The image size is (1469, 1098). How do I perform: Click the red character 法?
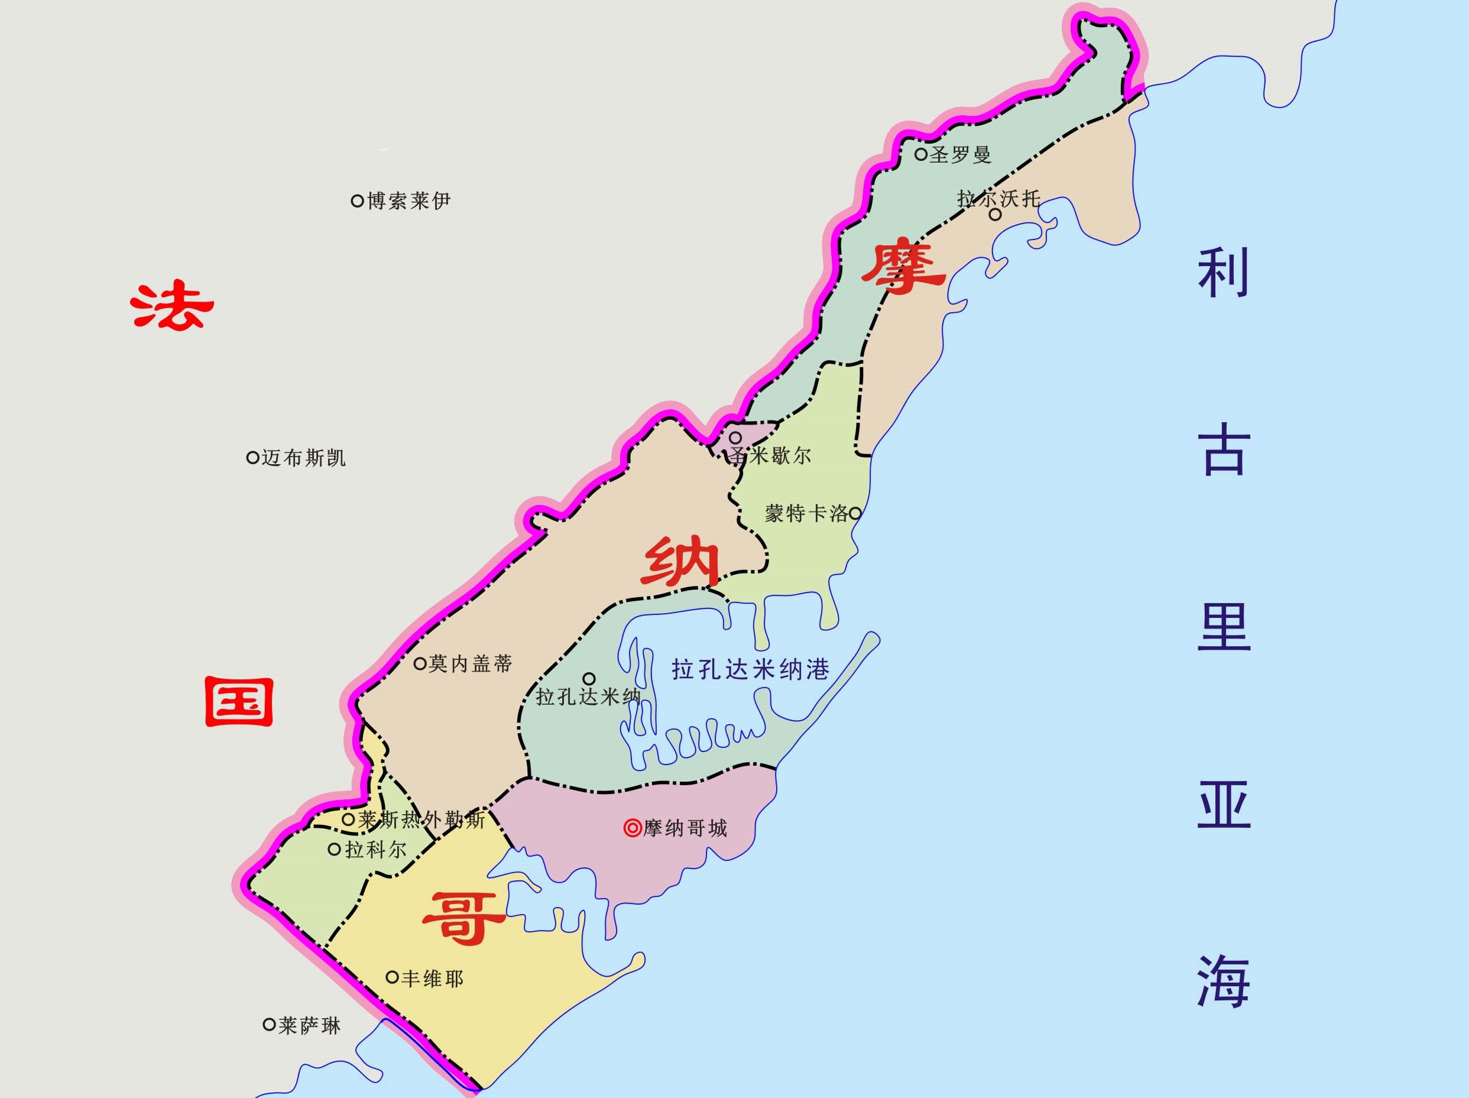pyautogui.click(x=171, y=307)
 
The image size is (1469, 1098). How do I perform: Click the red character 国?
pyautogui.click(x=238, y=701)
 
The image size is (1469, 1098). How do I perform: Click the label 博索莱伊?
pyautogui.click(x=408, y=200)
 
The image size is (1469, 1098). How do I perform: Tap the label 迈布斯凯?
pyautogui.click(x=303, y=458)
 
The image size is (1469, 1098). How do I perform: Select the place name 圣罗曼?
pyautogui.click(x=959, y=155)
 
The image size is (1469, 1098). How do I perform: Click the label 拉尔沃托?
pyautogui.click(x=998, y=199)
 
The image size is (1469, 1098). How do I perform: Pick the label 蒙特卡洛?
pyautogui.click(x=806, y=513)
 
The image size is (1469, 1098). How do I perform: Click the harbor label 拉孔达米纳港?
pyautogui.click(x=750, y=669)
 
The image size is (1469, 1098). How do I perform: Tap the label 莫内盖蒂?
pyautogui.click(x=470, y=663)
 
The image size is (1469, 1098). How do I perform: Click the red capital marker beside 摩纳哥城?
pyautogui.click(x=632, y=828)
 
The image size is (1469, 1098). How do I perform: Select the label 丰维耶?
pyautogui.click(x=432, y=979)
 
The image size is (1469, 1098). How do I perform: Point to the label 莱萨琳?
pyautogui.click(x=309, y=1026)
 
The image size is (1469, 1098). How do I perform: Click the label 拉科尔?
pyautogui.click(x=375, y=850)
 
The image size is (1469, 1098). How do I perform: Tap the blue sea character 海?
pyautogui.click(x=1223, y=982)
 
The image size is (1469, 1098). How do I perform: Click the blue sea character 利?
pyautogui.click(x=1223, y=273)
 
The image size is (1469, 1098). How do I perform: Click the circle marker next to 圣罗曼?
pyautogui.click(x=920, y=154)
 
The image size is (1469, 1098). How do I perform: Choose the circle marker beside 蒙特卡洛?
pyautogui.click(x=855, y=513)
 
